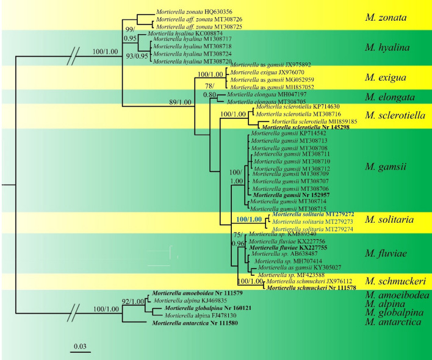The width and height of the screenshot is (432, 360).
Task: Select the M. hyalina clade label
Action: pos(387,47)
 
